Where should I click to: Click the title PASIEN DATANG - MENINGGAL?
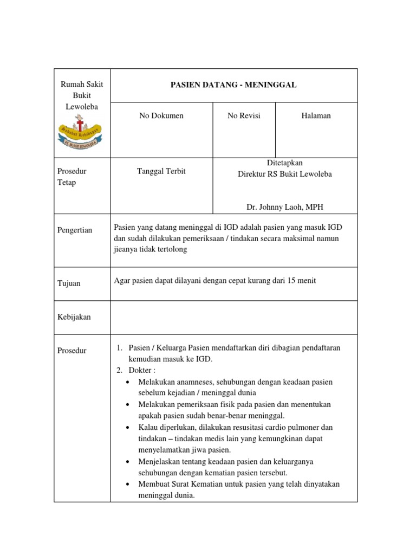click(x=234, y=85)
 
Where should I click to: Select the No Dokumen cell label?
click(x=161, y=115)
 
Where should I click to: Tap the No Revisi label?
click(x=244, y=115)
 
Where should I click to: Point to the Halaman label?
click(x=316, y=115)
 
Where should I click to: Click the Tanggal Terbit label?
click(x=161, y=171)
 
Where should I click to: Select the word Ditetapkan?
click(x=285, y=163)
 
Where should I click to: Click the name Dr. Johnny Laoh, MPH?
click(x=285, y=207)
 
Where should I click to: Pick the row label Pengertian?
click(x=75, y=230)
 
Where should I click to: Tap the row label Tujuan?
click(x=69, y=283)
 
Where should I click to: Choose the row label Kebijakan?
click(x=74, y=317)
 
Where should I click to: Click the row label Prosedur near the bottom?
click(x=72, y=351)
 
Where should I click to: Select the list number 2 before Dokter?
click(x=119, y=370)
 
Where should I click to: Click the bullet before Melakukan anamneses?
click(x=127, y=382)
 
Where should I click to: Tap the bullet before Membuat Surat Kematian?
click(x=127, y=484)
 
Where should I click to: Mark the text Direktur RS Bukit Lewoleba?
click(x=285, y=174)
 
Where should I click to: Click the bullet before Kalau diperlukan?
click(x=127, y=428)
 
